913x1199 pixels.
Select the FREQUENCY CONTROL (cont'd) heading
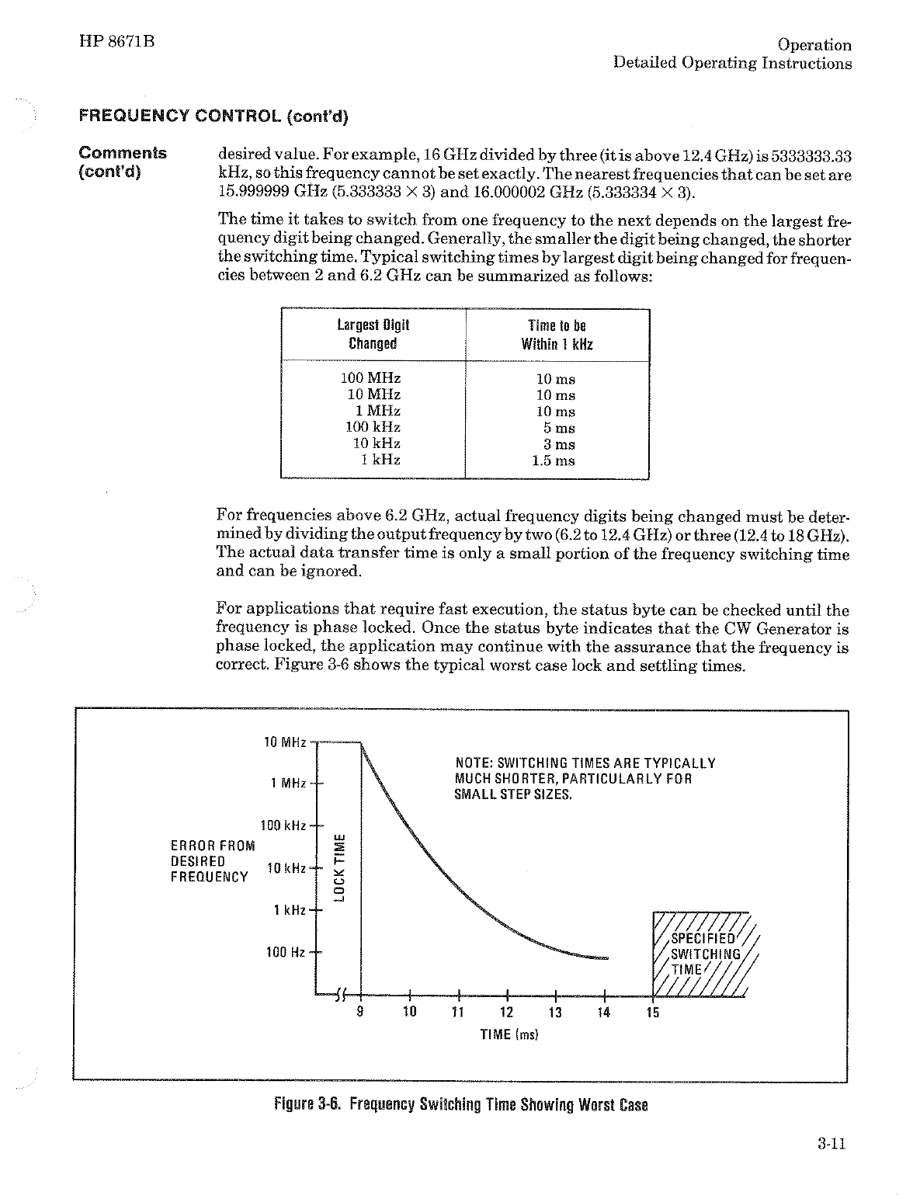click(x=214, y=117)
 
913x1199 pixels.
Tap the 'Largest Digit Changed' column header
click(x=373, y=335)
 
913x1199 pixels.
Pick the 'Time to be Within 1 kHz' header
click(x=557, y=335)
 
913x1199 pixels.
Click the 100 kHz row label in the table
click(x=373, y=427)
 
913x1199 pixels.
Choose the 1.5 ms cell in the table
click(x=554, y=460)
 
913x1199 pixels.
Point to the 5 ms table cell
click(x=560, y=428)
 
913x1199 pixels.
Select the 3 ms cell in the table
click(x=560, y=444)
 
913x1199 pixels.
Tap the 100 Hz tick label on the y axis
click(x=286, y=951)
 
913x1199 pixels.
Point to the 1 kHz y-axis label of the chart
click(x=290, y=909)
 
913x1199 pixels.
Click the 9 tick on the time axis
click(x=360, y=1012)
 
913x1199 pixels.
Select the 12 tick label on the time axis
click(x=506, y=1012)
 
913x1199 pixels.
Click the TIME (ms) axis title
click(x=509, y=1034)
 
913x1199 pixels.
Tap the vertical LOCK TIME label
click(x=339, y=866)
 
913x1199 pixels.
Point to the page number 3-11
click(x=831, y=1143)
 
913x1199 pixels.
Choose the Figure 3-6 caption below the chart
click(x=460, y=1104)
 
